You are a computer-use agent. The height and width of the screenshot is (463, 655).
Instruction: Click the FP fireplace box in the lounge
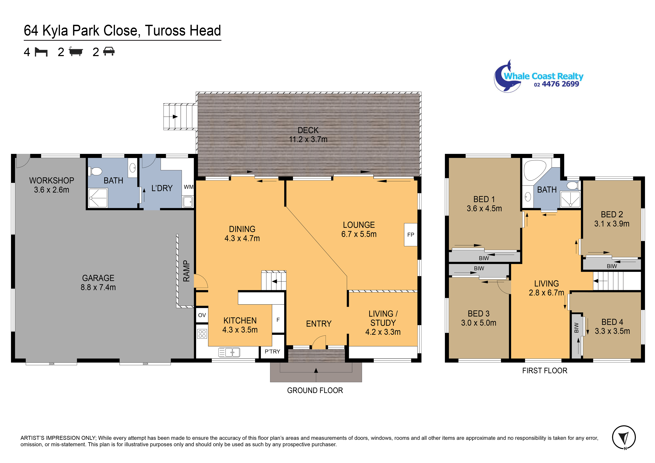[411, 235]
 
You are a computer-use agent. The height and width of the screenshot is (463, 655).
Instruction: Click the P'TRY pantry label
[272, 351]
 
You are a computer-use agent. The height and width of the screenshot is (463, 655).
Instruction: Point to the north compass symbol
[624, 437]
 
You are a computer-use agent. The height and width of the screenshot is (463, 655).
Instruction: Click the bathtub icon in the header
[76, 52]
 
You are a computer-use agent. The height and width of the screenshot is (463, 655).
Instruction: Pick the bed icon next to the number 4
[41, 52]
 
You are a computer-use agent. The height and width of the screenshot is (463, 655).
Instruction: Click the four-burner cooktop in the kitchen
[202, 334]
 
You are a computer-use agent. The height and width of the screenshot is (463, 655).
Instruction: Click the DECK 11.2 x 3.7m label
[308, 135]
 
